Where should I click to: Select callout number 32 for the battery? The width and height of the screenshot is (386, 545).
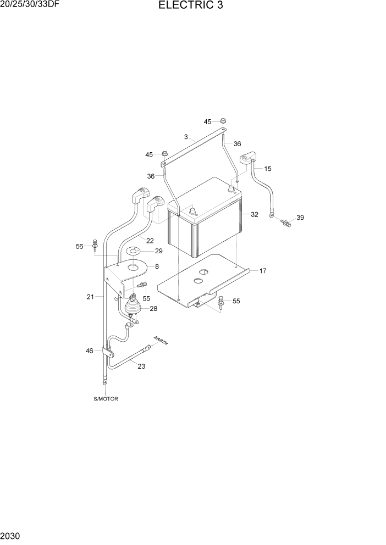click(254, 215)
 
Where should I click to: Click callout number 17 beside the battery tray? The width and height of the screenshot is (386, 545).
click(263, 271)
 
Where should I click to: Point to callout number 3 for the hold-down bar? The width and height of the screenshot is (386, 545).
click(186, 137)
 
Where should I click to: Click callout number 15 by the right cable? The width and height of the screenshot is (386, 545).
click(268, 169)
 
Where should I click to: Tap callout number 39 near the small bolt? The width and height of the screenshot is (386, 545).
click(300, 218)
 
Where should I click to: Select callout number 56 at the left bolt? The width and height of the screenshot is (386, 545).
click(80, 247)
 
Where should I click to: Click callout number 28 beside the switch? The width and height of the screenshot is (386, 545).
click(153, 309)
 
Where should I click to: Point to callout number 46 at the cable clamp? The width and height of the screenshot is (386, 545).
click(90, 350)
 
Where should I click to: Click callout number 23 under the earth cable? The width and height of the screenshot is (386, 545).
click(141, 366)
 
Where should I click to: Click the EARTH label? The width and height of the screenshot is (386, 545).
click(161, 340)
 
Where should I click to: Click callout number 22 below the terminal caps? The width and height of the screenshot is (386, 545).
click(150, 241)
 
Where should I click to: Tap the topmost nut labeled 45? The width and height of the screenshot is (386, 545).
click(224, 121)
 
